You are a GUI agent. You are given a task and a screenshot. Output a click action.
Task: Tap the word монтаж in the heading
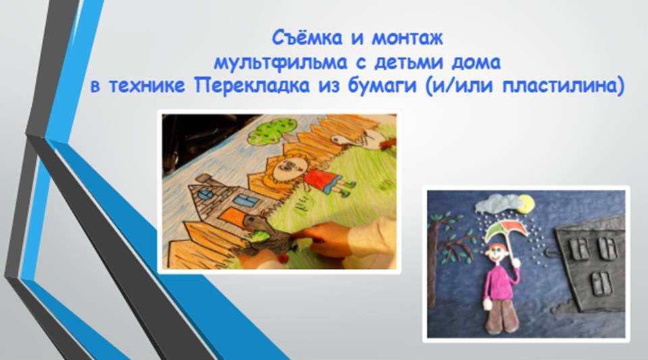[x=407, y=38]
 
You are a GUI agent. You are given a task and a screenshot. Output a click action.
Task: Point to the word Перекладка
[x=252, y=86]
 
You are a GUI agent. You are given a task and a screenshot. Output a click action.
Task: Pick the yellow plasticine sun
[x=525, y=204]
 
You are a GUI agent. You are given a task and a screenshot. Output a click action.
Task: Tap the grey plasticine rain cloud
[x=496, y=204]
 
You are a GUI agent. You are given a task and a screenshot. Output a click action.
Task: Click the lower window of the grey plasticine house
[x=601, y=283]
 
